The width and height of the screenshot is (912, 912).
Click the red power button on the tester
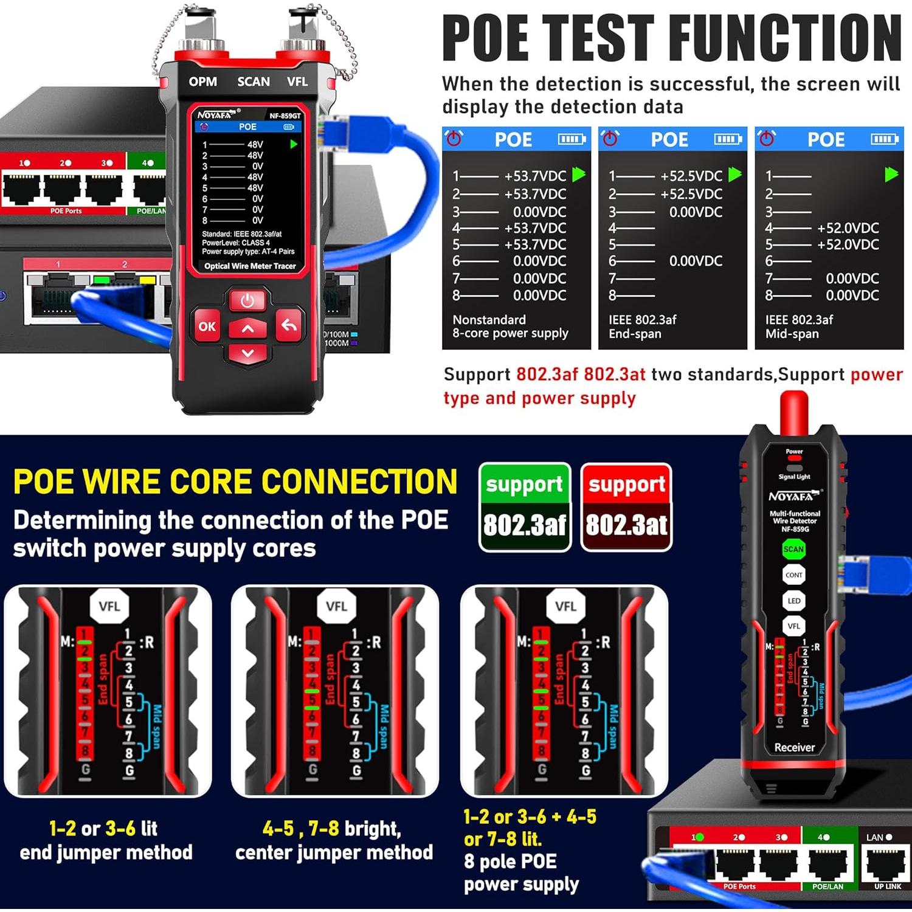point(247,300)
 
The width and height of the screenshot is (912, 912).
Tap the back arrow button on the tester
point(289,326)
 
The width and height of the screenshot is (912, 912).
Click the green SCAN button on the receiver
point(793,549)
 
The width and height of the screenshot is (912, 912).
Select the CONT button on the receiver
point(793,575)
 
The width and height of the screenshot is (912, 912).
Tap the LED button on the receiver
point(793,601)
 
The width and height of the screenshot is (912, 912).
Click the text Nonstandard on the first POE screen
point(489,320)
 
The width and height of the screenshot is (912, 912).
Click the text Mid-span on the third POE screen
point(792,334)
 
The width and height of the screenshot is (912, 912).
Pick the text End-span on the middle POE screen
point(635,334)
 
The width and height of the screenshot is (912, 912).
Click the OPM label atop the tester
point(202,81)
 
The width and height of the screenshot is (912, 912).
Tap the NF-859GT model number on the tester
point(285,116)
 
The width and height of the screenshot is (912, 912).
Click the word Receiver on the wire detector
point(794,747)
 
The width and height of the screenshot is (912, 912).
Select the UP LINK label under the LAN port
point(888,886)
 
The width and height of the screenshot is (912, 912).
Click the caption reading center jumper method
point(334,852)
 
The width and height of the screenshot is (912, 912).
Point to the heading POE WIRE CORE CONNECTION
point(235,482)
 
